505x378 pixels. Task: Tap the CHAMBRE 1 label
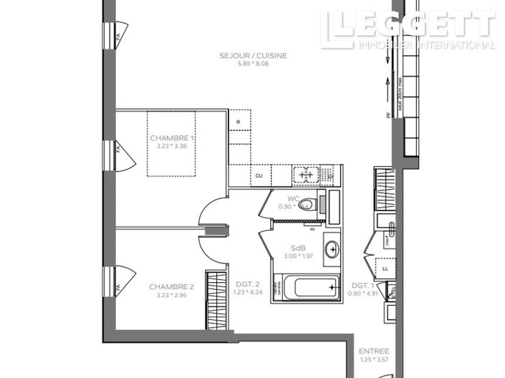tap(172, 138)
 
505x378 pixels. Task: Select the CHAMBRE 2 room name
tap(172, 286)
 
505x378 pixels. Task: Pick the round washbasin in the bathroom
tap(332, 250)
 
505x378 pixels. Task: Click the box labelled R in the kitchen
tap(239, 122)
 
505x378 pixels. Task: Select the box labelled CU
tap(259, 175)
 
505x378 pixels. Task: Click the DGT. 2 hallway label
tap(247, 285)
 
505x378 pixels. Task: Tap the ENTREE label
tap(373, 351)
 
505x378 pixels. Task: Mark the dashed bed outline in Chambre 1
tap(178, 143)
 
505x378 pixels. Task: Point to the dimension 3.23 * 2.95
tap(172, 294)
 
